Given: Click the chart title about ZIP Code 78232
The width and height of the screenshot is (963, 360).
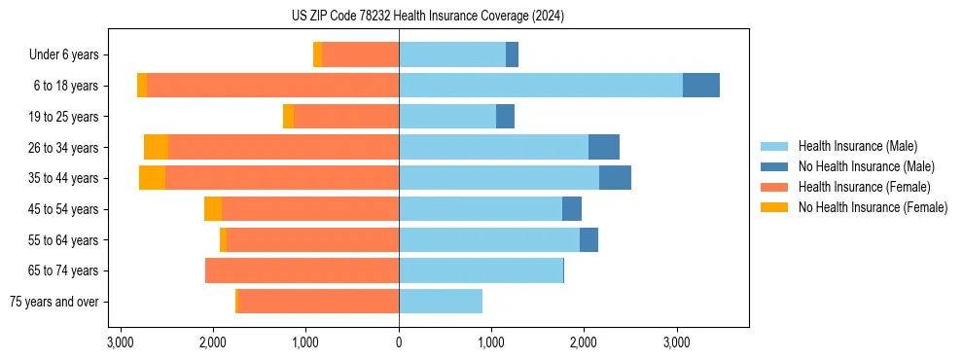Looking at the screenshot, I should tap(427, 17).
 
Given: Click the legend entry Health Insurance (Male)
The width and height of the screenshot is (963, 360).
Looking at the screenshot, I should tap(857, 146).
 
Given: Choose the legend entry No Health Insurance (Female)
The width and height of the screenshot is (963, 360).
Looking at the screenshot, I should tap(872, 207).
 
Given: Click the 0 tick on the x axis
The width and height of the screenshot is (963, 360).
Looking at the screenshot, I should tap(399, 342).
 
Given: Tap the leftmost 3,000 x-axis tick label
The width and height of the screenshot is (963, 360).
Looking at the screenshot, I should tap(121, 342).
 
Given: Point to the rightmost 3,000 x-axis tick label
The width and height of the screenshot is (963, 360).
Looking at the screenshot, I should tap(677, 342).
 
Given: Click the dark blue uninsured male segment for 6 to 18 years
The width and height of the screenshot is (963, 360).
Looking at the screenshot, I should tap(701, 86).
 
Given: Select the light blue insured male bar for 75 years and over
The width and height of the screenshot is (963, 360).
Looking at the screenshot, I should tap(441, 302).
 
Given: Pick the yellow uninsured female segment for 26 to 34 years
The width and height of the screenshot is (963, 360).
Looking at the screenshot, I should tap(156, 147).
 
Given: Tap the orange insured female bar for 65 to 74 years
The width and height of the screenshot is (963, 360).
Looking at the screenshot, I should tap(302, 270).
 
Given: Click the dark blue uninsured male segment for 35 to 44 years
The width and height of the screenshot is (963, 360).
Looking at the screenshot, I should tap(615, 178).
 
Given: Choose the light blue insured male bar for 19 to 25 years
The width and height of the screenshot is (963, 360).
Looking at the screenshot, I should tap(447, 117).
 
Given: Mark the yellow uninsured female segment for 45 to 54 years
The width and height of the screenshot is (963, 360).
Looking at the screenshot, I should tap(213, 209).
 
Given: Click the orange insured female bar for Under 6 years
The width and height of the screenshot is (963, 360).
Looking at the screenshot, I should tap(360, 55).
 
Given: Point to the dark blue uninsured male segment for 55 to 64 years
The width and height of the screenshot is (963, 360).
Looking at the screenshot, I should tap(588, 239).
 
